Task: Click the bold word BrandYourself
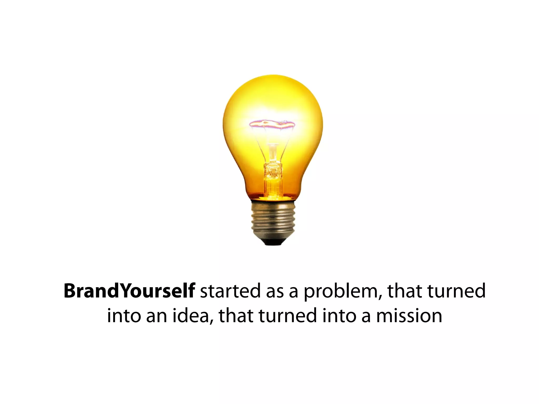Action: pyautogui.click(x=129, y=291)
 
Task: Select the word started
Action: pyautogui.click(x=230, y=291)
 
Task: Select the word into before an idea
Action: pyautogui.click(x=123, y=316)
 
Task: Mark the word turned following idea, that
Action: pyautogui.click(x=288, y=316)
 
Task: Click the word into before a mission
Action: pyautogui.click(x=339, y=316)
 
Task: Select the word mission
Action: pyautogui.click(x=409, y=316)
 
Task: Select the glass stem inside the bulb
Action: pyautogui.click(x=273, y=168)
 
